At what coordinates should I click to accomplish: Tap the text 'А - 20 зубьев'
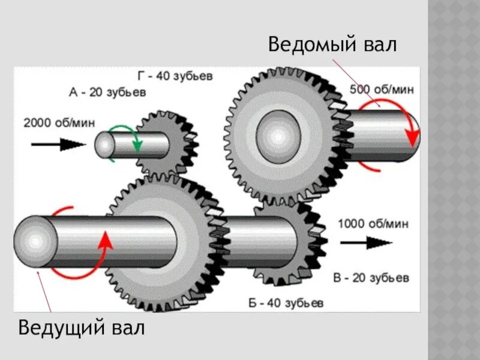107,92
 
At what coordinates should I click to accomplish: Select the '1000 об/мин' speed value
373,224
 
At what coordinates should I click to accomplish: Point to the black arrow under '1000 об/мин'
365,242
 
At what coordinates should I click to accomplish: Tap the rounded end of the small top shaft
105,145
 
